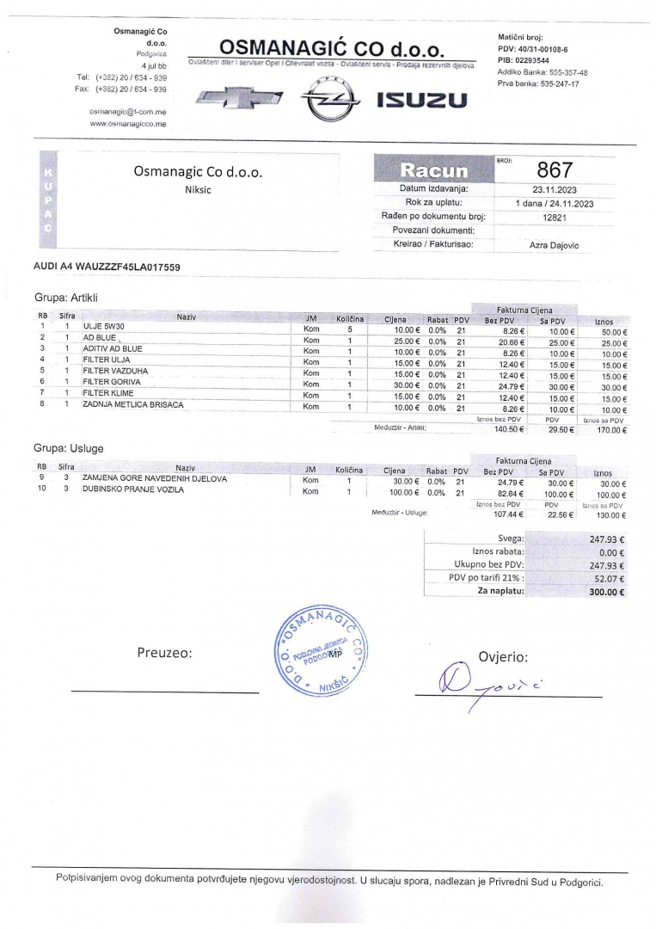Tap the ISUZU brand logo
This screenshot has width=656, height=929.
pos(422,102)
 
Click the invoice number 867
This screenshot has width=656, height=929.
pos(554,170)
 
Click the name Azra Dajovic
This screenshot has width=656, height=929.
pos(554,245)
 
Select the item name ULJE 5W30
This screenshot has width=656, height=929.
pos(104,328)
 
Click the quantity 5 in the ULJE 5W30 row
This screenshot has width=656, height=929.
pos(350,329)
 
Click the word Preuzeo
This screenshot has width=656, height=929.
pos(164,652)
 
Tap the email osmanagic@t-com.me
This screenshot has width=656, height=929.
pos(127,112)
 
